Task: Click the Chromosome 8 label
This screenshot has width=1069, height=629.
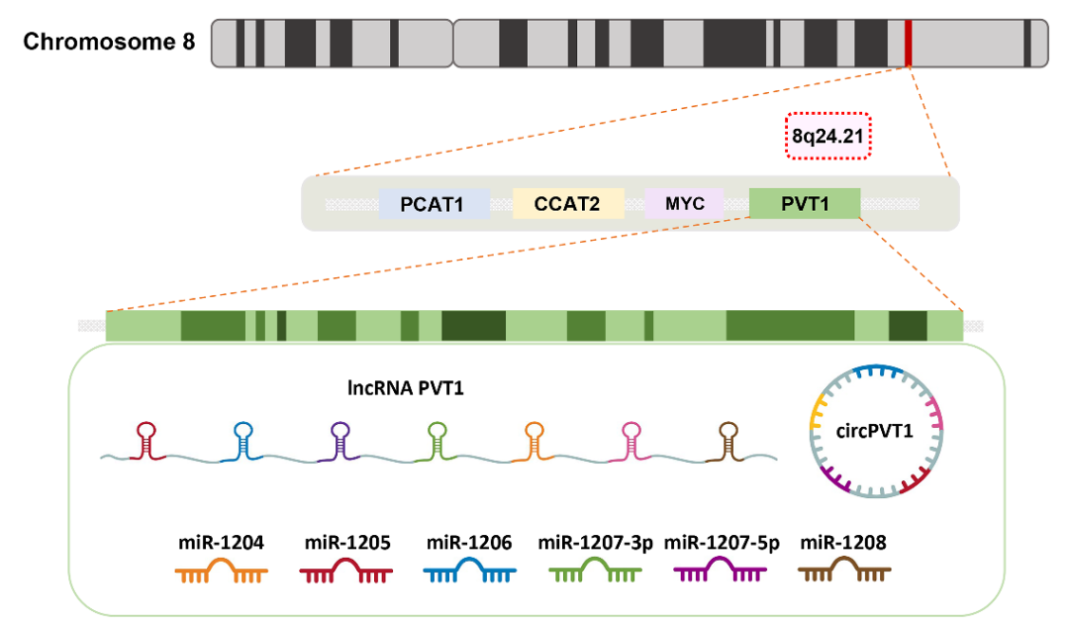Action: point(109,42)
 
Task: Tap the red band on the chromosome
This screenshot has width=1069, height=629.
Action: point(908,42)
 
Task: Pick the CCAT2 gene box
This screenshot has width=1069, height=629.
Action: point(567,204)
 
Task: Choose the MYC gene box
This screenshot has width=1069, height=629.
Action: point(684,203)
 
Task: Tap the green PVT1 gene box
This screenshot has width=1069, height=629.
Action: point(804,203)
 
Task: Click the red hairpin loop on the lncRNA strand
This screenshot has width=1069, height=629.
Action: point(146,433)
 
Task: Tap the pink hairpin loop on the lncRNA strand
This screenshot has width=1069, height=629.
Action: point(632,433)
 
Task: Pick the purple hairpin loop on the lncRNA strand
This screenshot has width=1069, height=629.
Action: point(340,433)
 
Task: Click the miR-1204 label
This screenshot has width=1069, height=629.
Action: point(221,542)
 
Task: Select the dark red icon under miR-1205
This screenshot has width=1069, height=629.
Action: point(345,571)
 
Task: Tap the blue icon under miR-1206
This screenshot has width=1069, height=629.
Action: point(469,571)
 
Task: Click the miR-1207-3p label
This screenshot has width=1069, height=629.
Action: point(596,542)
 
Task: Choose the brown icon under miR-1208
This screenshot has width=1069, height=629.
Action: point(844,571)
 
